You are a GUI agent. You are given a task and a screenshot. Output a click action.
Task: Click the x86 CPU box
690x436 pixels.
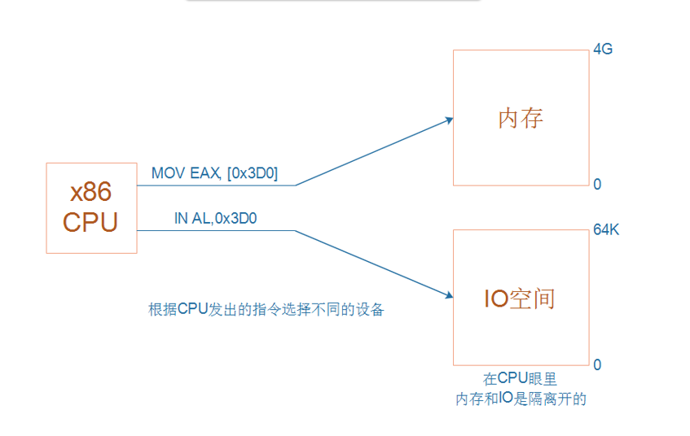tap(91, 207)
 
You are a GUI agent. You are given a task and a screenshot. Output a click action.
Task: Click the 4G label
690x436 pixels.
tap(603, 50)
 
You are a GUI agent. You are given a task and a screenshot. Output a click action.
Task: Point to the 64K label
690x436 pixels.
tap(606, 230)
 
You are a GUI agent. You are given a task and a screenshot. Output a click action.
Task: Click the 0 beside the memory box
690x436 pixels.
tap(597, 185)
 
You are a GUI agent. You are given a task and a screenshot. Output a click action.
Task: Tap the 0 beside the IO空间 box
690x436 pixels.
tap(597, 365)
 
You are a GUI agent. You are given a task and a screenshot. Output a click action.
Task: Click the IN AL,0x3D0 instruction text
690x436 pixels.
tap(216, 218)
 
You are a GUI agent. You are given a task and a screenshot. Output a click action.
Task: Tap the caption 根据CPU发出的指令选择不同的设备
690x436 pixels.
tap(266, 310)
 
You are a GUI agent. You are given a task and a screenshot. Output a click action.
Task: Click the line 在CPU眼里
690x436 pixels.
tap(521, 379)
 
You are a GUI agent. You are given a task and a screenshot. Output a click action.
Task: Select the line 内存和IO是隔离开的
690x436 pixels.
tap(521, 399)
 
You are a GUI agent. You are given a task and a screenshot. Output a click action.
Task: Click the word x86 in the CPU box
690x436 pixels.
tap(90, 192)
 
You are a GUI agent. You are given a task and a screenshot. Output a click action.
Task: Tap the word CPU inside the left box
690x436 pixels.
tap(90, 222)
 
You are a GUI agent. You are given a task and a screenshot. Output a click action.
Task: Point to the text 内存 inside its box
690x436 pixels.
tap(521, 119)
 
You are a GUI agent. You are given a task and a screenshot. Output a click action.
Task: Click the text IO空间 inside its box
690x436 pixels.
tap(520, 299)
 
